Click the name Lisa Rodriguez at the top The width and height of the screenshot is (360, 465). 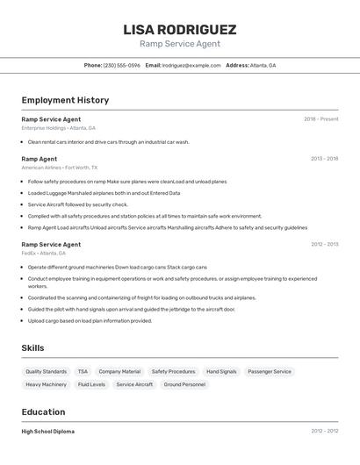click(180, 30)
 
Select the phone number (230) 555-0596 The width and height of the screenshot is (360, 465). click(121, 65)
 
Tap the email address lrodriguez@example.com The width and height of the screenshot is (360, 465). click(191, 65)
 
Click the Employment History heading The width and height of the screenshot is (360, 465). click(65, 100)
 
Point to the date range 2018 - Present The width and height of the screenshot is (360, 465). click(320, 119)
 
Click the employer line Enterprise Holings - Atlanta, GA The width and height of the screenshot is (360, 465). click(58, 128)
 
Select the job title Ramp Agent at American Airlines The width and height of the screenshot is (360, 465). click(40, 159)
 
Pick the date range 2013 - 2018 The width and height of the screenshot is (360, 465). click(324, 159)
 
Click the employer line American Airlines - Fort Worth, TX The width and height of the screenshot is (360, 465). click(60, 168)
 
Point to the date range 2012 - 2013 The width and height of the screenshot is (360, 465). click(324, 245)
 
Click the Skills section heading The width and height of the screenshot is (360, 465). click(33, 348)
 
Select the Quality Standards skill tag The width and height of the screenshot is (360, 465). click(46, 371)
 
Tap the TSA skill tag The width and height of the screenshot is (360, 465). click(83, 371)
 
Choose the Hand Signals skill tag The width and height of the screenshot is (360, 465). click(221, 371)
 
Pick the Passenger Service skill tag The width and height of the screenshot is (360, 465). click(270, 371)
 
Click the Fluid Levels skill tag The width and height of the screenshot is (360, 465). click(91, 384)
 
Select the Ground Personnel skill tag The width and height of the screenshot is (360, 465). click(184, 384)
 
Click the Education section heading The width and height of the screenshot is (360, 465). click(43, 411)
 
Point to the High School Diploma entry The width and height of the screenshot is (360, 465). click(47, 432)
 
